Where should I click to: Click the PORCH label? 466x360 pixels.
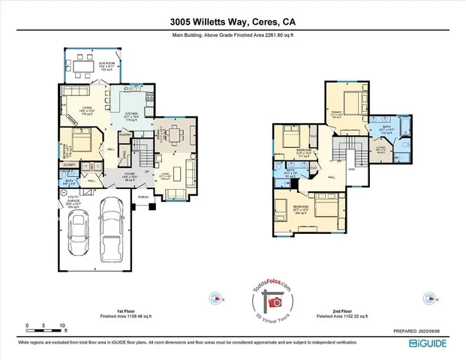click(143, 199)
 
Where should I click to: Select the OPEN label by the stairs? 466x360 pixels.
click(351, 169)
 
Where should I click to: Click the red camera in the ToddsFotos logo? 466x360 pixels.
click(274, 302)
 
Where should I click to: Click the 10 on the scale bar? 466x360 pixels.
click(62, 325)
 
